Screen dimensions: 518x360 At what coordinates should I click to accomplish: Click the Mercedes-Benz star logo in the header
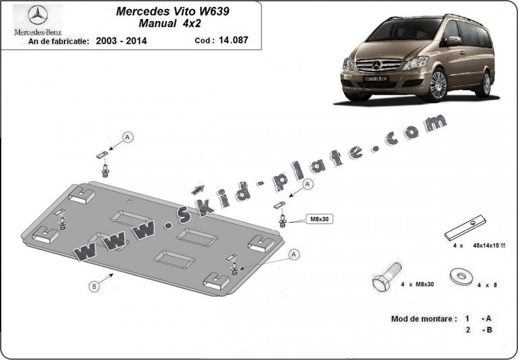click(x=38, y=15)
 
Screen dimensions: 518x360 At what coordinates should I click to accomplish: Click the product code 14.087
click(x=233, y=40)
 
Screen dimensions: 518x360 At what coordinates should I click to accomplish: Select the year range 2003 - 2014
click(x=121, y=41)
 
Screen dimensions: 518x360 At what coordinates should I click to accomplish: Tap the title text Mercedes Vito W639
click(x=173, y=12)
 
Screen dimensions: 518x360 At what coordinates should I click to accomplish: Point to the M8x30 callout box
click(x=319, y=218)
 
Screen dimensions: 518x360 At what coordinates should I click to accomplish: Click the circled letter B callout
click(x=94, y=286)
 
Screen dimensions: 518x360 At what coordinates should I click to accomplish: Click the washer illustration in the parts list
click(x=461, y=276)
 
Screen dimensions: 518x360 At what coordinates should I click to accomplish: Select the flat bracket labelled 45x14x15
click(x=465, y=227)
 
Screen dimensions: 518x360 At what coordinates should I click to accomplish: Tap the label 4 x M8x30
click(x=417, y=284)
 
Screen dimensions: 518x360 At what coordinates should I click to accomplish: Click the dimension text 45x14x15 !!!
click(x=489, y=245)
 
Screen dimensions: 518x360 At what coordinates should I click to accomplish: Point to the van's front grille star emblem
click(x=377, y=65)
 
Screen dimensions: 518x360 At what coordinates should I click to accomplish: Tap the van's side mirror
click(x=454, y=40)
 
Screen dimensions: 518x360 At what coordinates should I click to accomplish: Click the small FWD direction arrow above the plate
click(x=197, y=190)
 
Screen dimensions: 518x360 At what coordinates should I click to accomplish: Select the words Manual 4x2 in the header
click(x=170, y=23)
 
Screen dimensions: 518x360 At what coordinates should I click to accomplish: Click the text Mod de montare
click(x=424, y=319)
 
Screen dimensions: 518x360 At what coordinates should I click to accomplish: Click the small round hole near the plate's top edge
click(x=130, y=200)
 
